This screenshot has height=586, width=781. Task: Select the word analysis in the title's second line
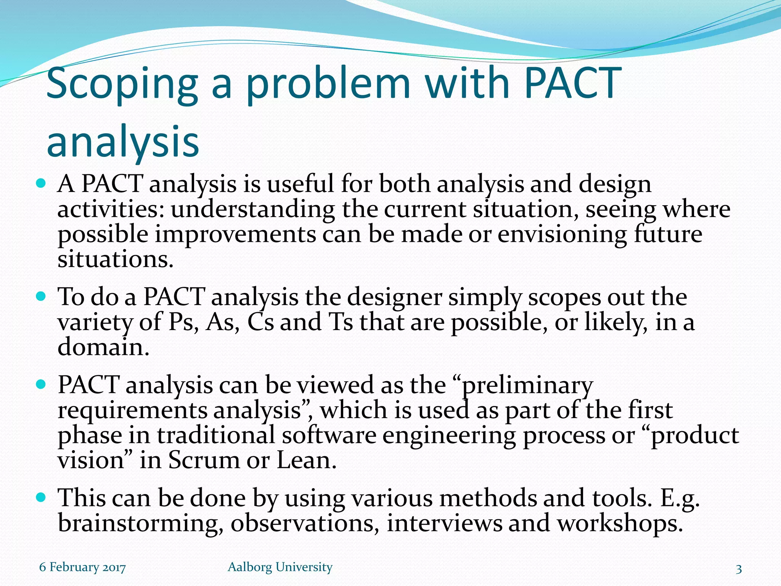tap(123, 142)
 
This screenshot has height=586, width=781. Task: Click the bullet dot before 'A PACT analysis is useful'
tap(41, 184)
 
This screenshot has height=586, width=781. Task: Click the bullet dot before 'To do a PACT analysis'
tap(41, 296)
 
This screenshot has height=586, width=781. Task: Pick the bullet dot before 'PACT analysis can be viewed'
tap(41, 384)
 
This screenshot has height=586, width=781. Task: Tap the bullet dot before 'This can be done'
tap(41, 497)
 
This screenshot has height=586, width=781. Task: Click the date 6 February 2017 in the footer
tap(82, 567)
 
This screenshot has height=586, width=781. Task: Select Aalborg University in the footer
tap(280, 567)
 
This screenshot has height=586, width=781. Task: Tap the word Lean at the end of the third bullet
tap(306, 460)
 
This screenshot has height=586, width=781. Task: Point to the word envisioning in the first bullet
tap(562, 234)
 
